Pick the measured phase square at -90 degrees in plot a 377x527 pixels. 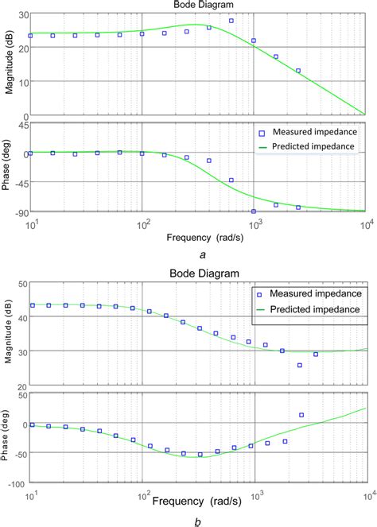254,211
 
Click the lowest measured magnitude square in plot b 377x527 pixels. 299,365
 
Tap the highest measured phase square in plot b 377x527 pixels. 301,415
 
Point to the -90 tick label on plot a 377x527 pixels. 19,211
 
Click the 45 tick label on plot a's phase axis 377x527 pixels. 22,125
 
